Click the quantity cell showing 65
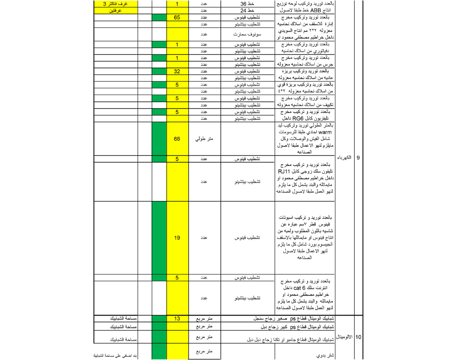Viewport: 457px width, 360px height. pyautogui.click(x=176, y=17)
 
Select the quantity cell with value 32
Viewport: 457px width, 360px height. pyautogui.click(x=176, y=72)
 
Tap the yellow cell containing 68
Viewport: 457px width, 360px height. pyautogui.click(x=176, y=138)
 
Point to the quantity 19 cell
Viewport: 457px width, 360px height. pyautogui.click(x=176, y=238)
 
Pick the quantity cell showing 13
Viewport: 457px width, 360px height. pyautogui.click(x=176, y=318)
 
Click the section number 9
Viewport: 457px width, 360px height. pyautogui.click(x=358, y=158)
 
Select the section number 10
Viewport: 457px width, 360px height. pyautogui.click(x=358, y=337)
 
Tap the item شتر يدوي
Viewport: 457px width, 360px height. pyautogui.click(x=325, y=355)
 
